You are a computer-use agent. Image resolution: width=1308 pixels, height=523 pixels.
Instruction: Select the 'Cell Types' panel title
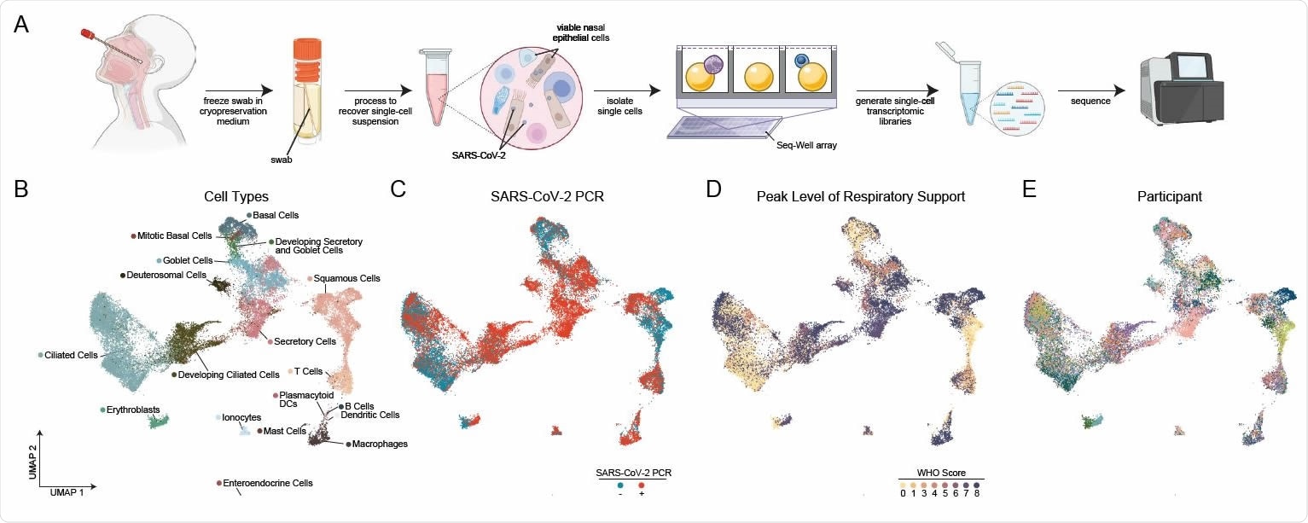[x=236, y=196]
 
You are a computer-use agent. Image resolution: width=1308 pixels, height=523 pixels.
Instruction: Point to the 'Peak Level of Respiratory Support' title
[x=861, y=196]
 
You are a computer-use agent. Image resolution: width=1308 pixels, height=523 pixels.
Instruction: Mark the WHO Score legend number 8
[x=977, y=492]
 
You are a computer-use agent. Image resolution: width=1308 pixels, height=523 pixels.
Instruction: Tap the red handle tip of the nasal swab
[x=87, y=35]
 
